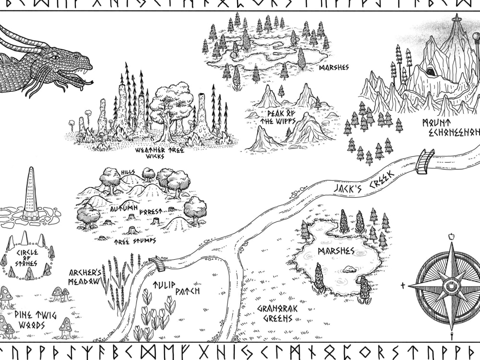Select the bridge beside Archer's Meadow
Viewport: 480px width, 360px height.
(x=156, y=264)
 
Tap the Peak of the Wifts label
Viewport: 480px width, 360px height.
(x=281, y=118)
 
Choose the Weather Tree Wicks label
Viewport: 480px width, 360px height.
(x=156, y=153)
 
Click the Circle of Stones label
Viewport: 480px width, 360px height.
(x=28, y=257)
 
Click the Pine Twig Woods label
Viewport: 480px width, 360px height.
(x=30, y=320)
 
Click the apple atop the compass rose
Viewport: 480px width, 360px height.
(x=451, y=236)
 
